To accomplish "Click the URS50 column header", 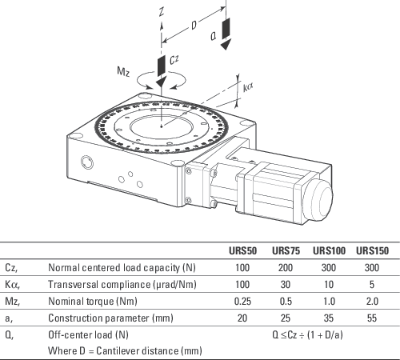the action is [242, 250].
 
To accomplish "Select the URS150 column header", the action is [372, 250].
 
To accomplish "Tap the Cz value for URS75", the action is [286, 267].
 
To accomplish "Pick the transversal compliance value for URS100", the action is [329, 285].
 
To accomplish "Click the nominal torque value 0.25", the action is [242, 302].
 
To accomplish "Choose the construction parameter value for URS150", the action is [372, 318].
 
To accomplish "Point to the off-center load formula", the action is [307, 334].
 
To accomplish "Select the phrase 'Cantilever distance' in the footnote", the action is [137, 351].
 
